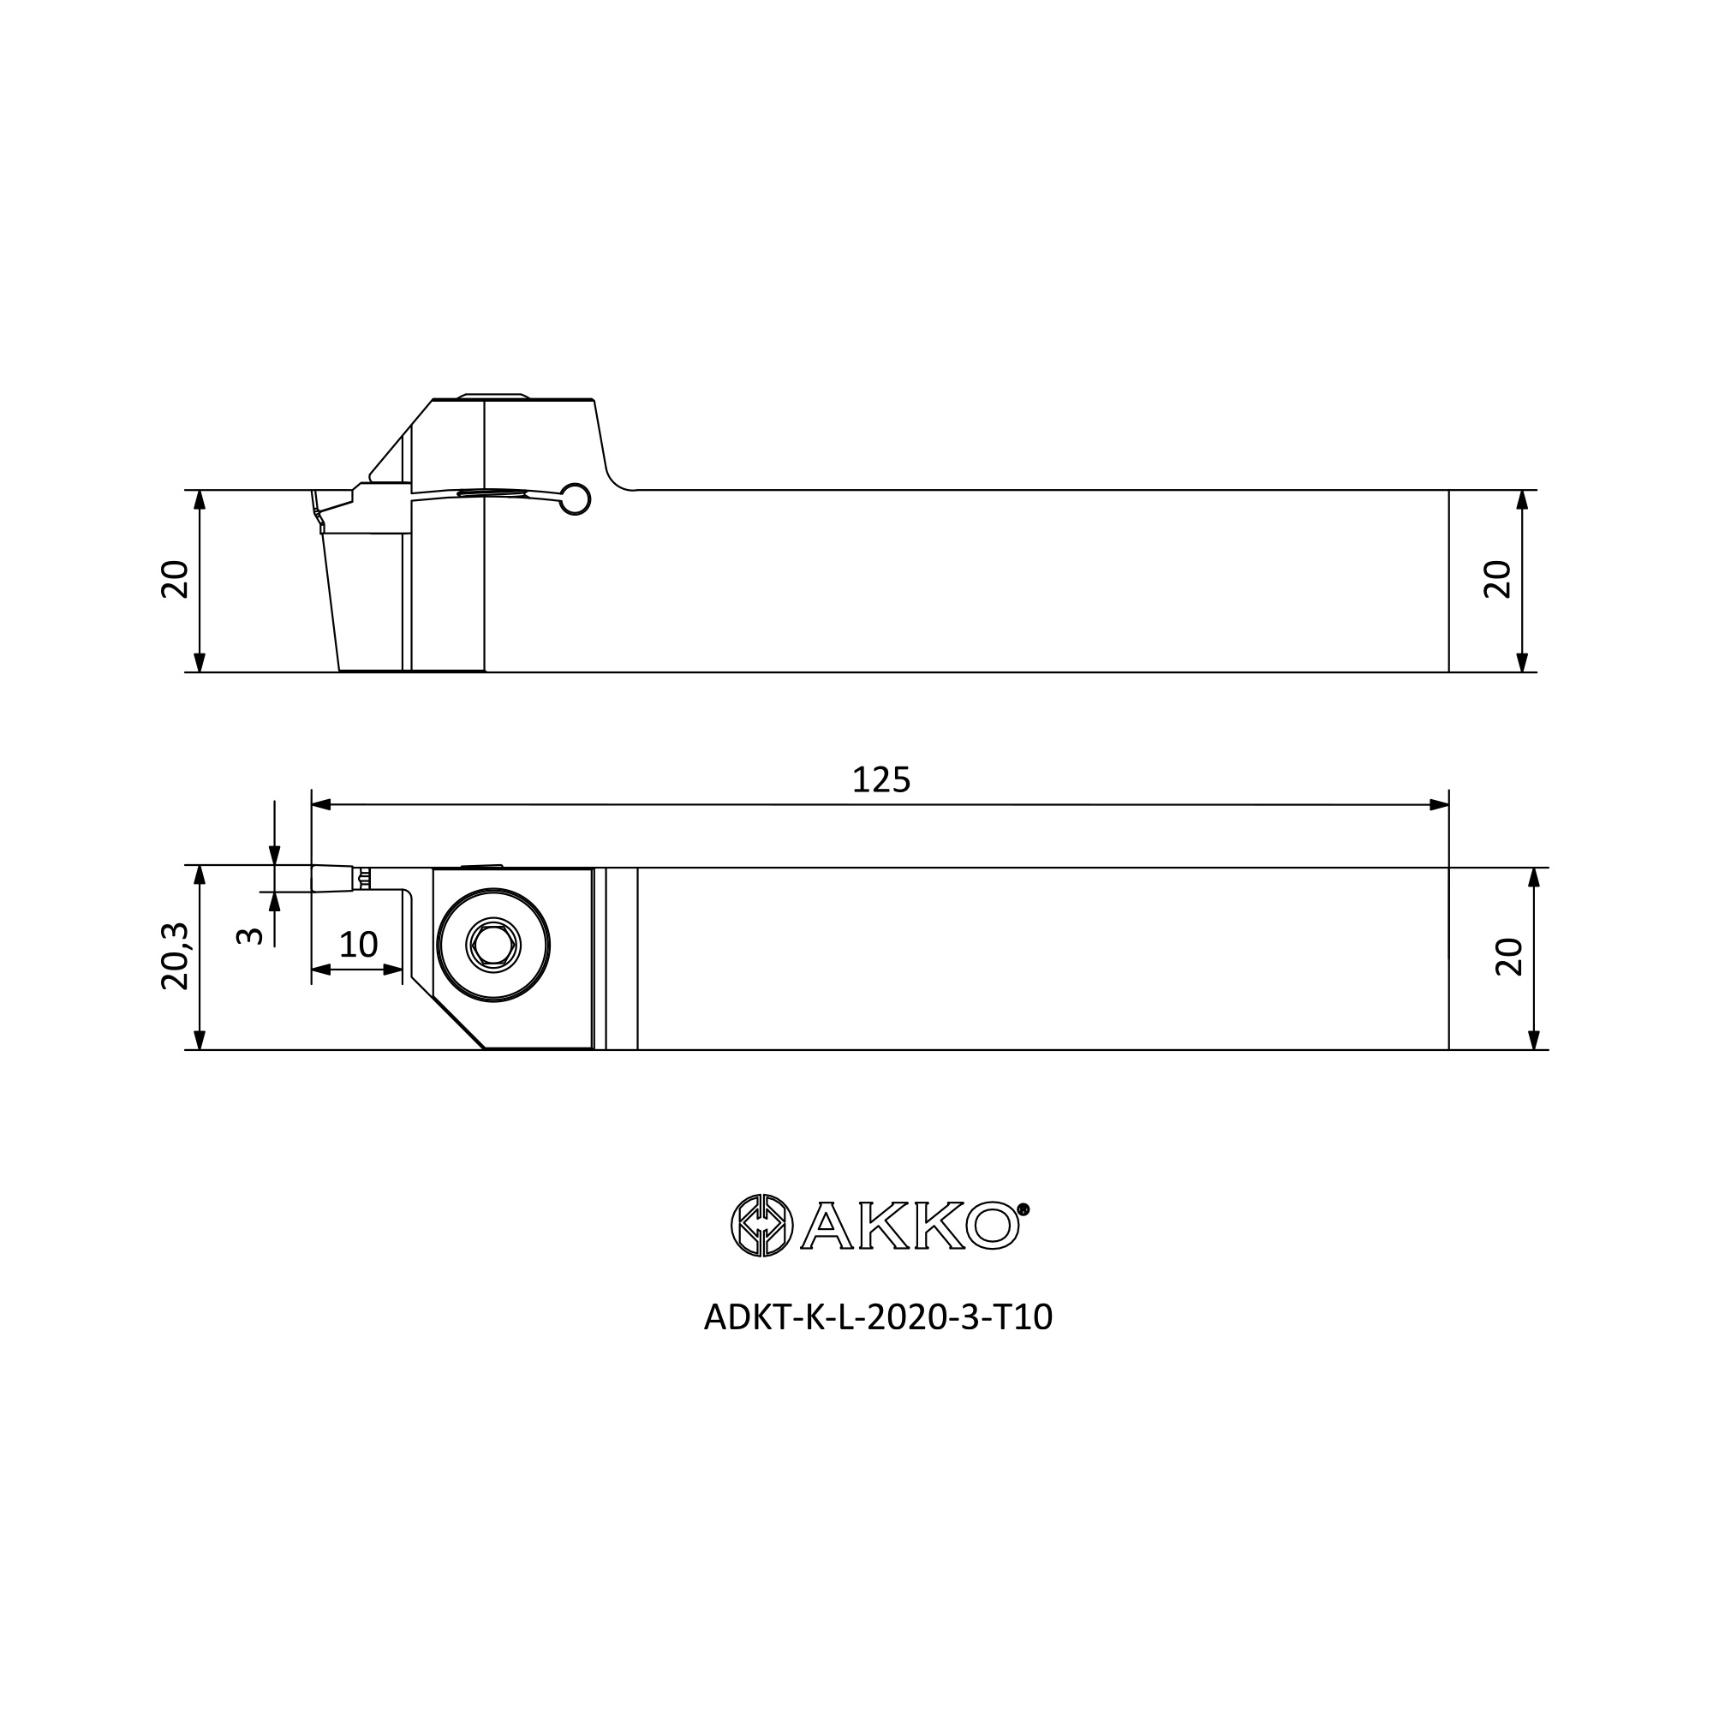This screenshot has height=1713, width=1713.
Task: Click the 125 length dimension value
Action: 880,780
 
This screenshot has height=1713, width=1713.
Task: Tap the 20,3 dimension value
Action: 175,956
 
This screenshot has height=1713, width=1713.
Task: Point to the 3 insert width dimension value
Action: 251,935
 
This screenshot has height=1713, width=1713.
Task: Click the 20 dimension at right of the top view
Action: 1497,580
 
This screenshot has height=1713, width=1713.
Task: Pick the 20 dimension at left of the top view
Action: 175,580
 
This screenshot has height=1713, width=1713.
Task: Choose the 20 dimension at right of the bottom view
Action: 1508,958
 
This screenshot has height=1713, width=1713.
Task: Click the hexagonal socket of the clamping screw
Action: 493,946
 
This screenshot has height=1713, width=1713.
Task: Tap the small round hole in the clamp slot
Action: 576,499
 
